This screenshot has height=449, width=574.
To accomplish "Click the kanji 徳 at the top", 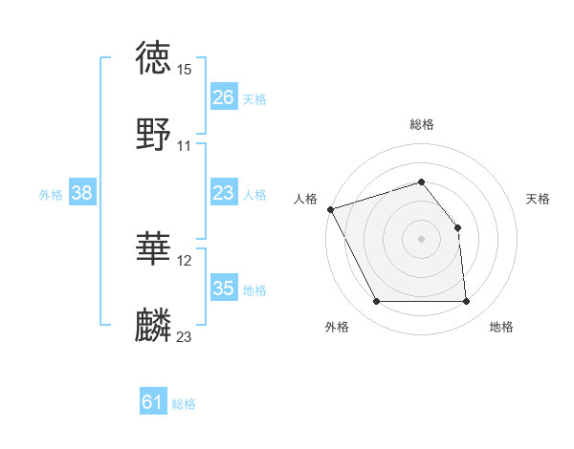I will [154, 58].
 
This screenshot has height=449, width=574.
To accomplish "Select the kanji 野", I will [154, 135].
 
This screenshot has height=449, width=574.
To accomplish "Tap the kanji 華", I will [154, 249].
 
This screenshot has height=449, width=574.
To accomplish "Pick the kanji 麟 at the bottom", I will [154, 326].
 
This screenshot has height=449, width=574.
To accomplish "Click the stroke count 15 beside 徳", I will [185, 70].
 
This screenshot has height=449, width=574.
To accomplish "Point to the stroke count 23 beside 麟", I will [185, 336].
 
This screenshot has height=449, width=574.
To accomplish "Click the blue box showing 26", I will [223, 97].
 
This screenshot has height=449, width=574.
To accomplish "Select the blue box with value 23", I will [223, 193].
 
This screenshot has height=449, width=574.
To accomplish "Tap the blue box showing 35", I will [223, 289].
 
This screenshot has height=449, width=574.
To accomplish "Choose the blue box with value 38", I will [81, 193].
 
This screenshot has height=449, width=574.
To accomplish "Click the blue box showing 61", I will [152, 403].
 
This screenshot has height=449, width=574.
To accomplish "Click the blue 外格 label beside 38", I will [51, 195].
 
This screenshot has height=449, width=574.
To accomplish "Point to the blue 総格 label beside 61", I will [184, 404].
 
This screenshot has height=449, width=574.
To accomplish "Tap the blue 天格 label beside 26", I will [254, 98].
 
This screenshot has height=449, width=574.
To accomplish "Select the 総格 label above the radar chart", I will [421, 124].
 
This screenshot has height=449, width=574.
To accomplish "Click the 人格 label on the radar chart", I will [306, 199].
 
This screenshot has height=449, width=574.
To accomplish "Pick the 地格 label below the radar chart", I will [501, 328].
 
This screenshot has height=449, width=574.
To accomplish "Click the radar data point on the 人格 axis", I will [330, 209].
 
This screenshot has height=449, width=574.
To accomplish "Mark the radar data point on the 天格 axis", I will [457, 227].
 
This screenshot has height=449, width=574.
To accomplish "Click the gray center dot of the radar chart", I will [421, 239].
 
